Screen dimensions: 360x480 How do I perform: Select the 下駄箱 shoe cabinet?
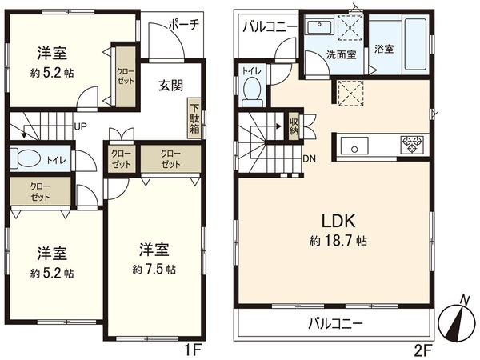click(x=194, y=117)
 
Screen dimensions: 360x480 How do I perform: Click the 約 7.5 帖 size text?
click(x=154, y=268)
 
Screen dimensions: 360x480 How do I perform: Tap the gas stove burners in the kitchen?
click(x=412, y=144)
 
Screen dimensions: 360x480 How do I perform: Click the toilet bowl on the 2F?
click(x=252, y=90)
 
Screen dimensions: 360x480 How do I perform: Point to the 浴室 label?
click(x=383, y=49)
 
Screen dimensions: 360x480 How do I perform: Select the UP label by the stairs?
click(x=81, y=126)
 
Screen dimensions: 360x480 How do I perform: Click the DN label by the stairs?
click(x=309, y=158)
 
